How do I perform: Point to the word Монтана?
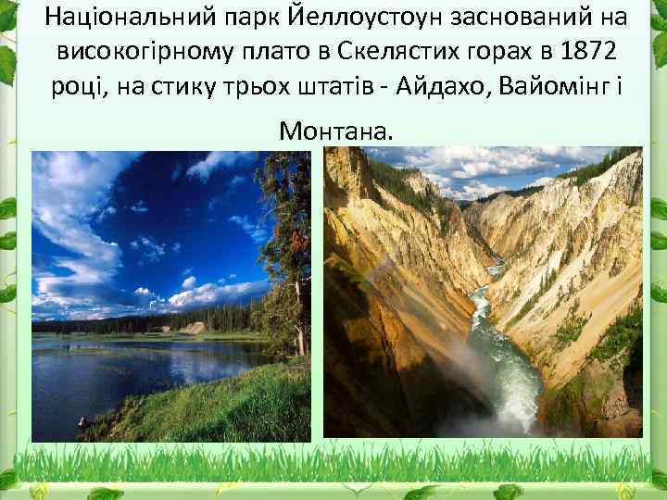[x=335, y=132]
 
